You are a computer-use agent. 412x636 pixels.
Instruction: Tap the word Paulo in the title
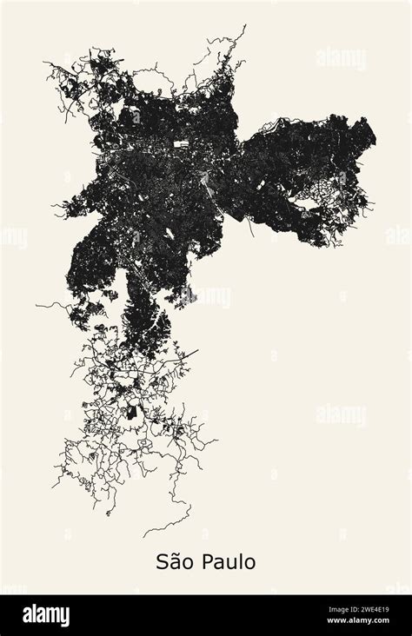(228, 562)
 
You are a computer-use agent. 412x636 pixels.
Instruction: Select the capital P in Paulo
(206, 562)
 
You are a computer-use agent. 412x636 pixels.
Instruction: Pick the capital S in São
(162, 562)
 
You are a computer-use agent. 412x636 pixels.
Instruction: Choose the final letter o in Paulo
(249, 564)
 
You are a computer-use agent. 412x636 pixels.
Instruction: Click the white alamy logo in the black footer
(45, 615)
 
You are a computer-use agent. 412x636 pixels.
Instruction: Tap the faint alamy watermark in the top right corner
(341, 58)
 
